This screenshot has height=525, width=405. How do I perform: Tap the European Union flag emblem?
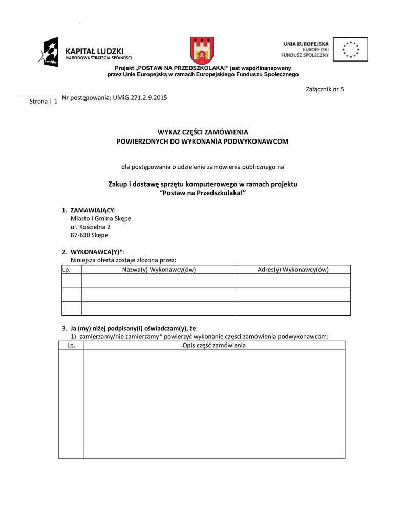tap(350, 49)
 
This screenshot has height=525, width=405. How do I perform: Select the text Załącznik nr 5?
tap(325, 89)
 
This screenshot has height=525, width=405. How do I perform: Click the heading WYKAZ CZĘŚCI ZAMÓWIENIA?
tap(203, 132)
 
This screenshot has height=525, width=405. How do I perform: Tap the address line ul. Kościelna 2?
tap(90, 227)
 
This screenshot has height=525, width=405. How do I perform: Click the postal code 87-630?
tap(79, 235)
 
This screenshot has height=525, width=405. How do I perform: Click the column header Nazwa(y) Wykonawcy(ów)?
tap(159, 269)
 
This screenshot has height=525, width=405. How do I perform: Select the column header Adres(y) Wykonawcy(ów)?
tap(293, 269)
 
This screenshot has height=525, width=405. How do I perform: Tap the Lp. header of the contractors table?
tap(66, 269)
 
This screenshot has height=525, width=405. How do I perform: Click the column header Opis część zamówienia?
tap(214, 346)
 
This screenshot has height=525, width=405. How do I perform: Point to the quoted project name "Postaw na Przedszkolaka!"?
tap(203, 192)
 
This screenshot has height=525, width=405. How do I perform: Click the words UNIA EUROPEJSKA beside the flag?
tap(306, 44)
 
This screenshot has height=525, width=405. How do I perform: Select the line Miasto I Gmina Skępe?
tap(100, 218)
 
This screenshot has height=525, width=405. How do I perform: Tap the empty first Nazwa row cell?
tap(159, 281)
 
